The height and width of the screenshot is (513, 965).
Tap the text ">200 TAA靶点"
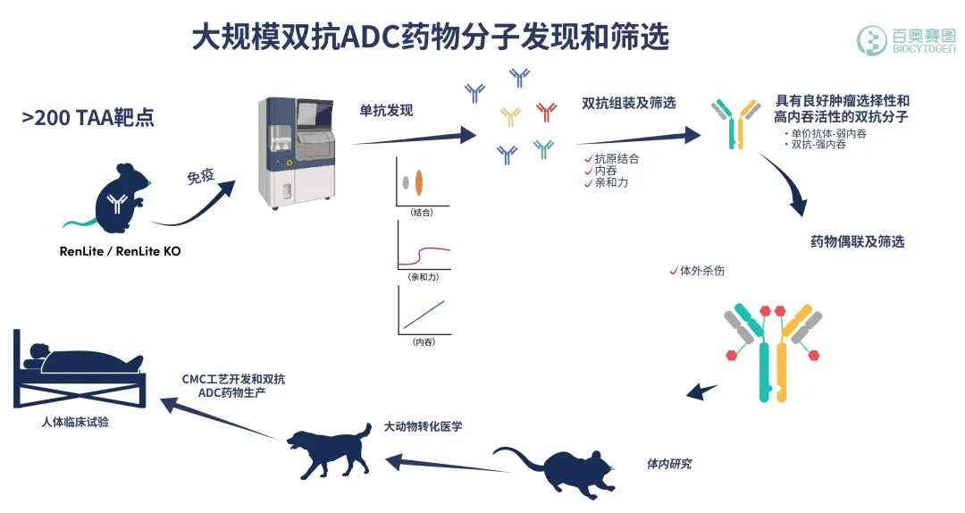pyautogui.click(x=88, y=117)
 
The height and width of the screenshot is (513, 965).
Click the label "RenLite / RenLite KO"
pyautogui.click(x=120, y=251)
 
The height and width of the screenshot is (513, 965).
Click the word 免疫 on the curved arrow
pyautogui.click(x=200, y=176)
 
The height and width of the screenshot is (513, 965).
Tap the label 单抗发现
pyautogui.click(x=386, y=111)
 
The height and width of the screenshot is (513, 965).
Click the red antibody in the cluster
pyautogui.click(x=547, y=112)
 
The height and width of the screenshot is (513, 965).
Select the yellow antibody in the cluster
pyautogui.click(x=510, y=116)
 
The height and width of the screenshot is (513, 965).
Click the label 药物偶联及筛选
pyautogui.click(x=857, y=242)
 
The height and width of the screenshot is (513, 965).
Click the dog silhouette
pyautogui.click(x=328, y=449)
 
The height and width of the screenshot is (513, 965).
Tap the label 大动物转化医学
pyautogui.click(x=424, y=426)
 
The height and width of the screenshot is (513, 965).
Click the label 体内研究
pyautogui.click(x=669, y=464)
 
